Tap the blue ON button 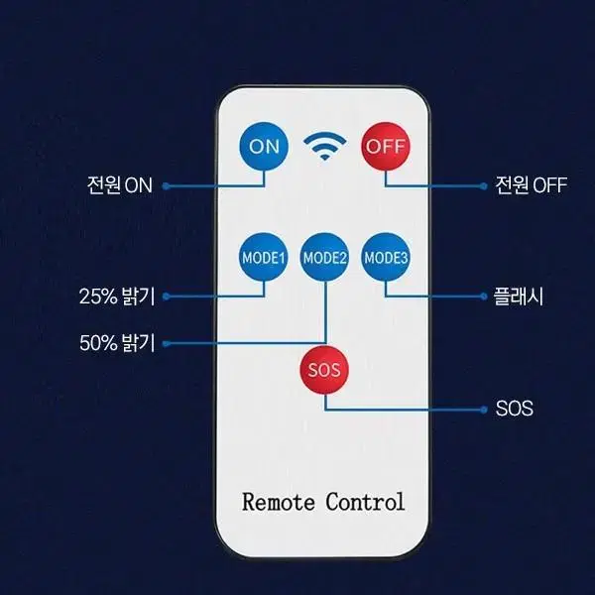pyautogui.click(x=264, y=147)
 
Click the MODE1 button pyautogui.click(x=263, y=258)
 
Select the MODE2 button pyautogui.click(x=324, y=258)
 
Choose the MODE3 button pyautogui.click(x=386, y=258)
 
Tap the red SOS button pyautogui.click(x=324, y=370)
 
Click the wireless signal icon pyautogui.click(x=325, y=146)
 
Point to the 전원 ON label pyautogui.click(x=120, y=185)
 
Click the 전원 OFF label pyautogui.click(x=532, y=185)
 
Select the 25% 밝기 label pyautogui.click(x=117, y=297)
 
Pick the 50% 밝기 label pyautogui.click(x=117, y=343)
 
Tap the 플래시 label pyautogui.click(x=518, y=297)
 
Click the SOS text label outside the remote pyautogui.click(x=514, y=409)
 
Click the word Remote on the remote pyautogui.click(x=279, y=502)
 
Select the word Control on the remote pyautogui.click(x=365, y=502)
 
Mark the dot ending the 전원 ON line pyautogui.click(x=166, y=186)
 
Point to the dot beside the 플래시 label pyautogui.click(x=484, y=297)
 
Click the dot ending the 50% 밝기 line pyautogui.click(x=166, y=344)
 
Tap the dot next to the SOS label pyautogui.click(x=484, y=410)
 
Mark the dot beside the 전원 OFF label pyautogui.click(x=484, y=186)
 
